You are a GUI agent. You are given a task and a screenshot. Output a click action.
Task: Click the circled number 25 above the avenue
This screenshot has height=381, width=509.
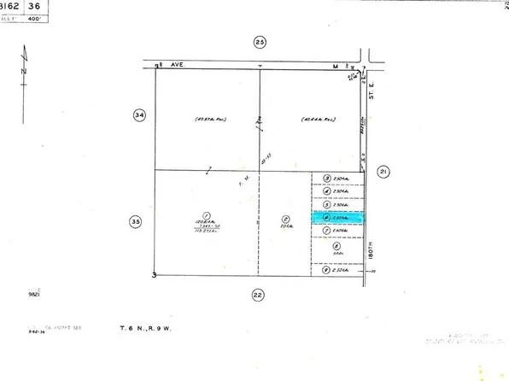coord(260,42)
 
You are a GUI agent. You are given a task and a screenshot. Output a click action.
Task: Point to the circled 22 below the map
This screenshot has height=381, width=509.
coord(258,295)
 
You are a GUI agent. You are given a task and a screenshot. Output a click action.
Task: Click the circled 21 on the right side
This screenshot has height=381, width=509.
coord(383,171)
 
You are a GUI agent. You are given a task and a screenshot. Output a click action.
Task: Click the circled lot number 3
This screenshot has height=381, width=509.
coord(327,179)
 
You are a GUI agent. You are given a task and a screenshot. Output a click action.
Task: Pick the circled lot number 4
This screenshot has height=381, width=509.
coord(327,191)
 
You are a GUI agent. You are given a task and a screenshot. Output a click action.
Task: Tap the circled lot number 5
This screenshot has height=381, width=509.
coord(327,205)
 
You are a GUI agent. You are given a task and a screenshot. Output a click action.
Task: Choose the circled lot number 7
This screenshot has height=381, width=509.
coord(327,231)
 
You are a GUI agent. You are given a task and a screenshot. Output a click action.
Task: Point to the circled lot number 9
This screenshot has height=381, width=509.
coord(327,270)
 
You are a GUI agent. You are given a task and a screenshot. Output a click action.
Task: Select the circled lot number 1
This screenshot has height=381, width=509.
coord(206,214)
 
